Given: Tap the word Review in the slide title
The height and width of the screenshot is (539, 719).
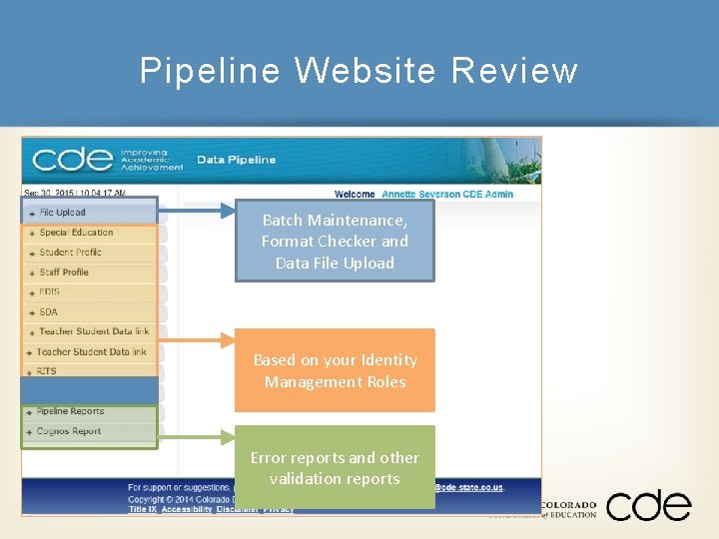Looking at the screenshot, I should (514, 71).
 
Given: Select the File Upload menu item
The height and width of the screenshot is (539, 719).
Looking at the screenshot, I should (63, 213).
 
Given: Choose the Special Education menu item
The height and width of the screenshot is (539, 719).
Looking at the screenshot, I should (76, 233).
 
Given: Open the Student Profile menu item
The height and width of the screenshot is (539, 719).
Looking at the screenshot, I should (70, 253).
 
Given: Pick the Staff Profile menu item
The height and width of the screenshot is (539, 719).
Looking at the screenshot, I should (64, 272).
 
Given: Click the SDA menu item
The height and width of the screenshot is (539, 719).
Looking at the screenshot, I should (48, 312).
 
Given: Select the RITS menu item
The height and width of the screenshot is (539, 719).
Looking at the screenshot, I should (47, 371).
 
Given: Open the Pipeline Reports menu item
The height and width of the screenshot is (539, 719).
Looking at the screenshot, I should (70, 411).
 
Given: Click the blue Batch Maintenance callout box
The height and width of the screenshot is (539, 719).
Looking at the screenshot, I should (335, 242).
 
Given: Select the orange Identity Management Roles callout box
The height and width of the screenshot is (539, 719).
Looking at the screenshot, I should (335, 370).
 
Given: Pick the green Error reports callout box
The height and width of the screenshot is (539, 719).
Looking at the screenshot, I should (335, 467).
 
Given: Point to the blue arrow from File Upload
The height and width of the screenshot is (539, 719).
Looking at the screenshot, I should (196, 211).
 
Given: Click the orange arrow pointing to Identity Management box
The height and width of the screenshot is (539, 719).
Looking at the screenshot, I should (196, 340).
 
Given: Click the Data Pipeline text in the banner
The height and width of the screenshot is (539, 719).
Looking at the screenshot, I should (236, 160).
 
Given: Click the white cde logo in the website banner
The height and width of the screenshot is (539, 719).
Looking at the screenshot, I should (72, 160).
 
